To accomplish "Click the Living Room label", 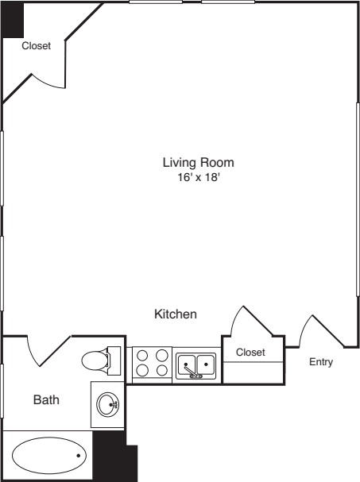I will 198,163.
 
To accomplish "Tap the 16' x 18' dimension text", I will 198,179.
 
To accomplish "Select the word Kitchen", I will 175,314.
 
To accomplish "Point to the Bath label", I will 46,400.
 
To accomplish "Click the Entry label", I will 321,362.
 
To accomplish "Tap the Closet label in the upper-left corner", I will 36,46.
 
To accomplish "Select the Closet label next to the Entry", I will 250,352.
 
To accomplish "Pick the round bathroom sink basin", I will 107,405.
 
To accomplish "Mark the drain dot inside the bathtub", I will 78,455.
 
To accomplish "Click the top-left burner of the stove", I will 142,356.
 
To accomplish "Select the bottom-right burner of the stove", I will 161,370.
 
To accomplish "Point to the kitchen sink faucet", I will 192,371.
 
